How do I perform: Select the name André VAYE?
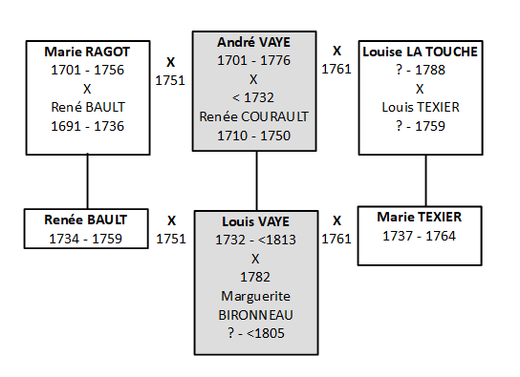pyautogui.click(x=256, y=44)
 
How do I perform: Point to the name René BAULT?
pyautogui.click(x=87, y=108)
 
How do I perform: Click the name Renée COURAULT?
pyautogui.click(x=255, y=116)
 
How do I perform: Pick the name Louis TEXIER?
pyautogui.click(x=424, y=106)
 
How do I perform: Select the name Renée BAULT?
pyautogui.click(x=87, y=220)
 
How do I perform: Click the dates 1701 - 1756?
pyautogui.click(x=87, y=72)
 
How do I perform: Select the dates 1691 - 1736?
pyautogui.click(x=87, y=126)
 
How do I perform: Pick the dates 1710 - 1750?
pyautogui.click(x=255, y=135)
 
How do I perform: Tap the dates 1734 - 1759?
pyautogui.click(x=87, y=239)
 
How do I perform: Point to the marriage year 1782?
pyautogui.click(x=255, y=277)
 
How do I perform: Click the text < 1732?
pyautogui.click(x=255, y=98)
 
